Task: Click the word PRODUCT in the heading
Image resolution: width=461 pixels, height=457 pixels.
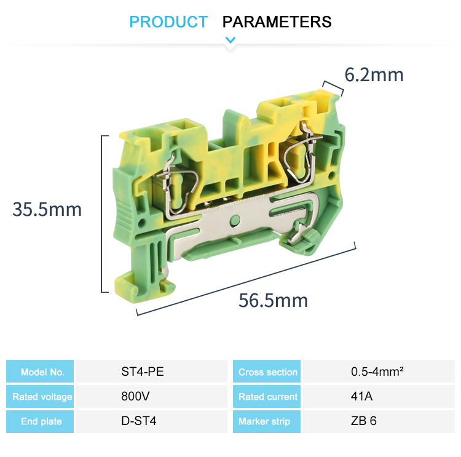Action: pyautogui.click(x=168, y=22)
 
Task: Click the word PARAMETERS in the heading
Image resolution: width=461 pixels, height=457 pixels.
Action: pyautogui.click(x=277, y=22)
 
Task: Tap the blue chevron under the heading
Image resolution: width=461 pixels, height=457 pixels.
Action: pyautogui.click(x=230, y=41)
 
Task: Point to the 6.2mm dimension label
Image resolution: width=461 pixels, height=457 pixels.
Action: pyautogui.click(x=374, y=75)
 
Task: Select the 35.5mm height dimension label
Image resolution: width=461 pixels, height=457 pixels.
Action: pyautogui.click(x=47, y=209)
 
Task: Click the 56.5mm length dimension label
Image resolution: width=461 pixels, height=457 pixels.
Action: pyautogui.click(x=273, y=301)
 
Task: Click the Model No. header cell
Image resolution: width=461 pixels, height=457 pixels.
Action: pyautogui.click(x=41, y=372)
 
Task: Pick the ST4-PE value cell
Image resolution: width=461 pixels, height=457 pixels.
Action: pyautogui.click(x=143, y=372)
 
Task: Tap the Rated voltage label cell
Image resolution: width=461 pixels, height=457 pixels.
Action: pyautogui.click(x=41, y=397)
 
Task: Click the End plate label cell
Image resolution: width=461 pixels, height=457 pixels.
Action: pyautogui.click(x=41, y=421)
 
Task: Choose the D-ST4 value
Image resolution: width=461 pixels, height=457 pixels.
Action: pyautogui.click(x=138, y=421)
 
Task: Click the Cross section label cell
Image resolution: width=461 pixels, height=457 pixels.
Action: pyautogui.click(x=267, y=372)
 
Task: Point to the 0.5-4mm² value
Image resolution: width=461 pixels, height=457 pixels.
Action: pyautogui.click(x=377, y=372)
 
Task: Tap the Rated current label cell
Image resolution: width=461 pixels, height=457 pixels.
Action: pyautogui.click(x=267, y=397)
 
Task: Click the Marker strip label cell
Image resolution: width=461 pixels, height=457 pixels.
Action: pyautogui.click(x=267, y=421)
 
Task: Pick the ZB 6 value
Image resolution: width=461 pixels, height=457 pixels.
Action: pyautogui.click(x=364, y=421)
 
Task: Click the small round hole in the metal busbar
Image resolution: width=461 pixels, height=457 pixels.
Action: pyautogui.click(x=234, y=220)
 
